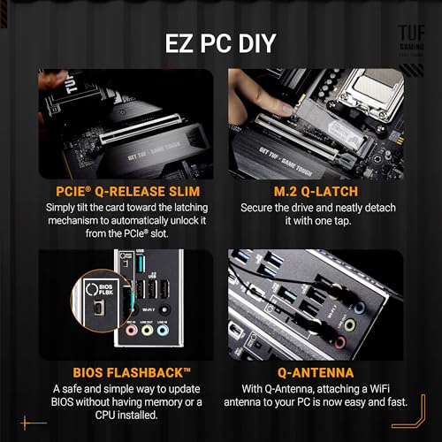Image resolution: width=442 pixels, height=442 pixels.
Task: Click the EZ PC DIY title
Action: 220,43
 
